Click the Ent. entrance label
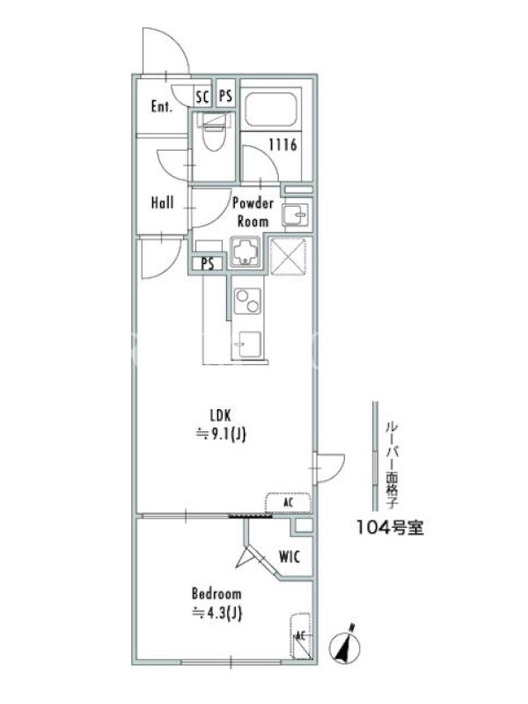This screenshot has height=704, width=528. point(162,106)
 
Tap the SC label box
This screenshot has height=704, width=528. point(203,97)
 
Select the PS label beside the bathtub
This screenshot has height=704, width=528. point(226,96)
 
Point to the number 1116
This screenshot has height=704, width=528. point(282,144)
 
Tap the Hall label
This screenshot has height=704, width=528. point(162,202)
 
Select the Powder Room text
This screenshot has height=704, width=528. point(253,212)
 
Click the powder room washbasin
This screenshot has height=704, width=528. point(296,215)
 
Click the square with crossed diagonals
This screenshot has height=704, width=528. point(290,256)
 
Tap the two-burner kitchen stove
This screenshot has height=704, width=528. point(247,301)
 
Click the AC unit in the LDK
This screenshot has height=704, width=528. point(288,502)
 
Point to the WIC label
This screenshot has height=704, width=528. point(290,557)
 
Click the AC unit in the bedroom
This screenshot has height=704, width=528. point(301,634)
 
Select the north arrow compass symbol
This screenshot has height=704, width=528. point(345,646)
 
